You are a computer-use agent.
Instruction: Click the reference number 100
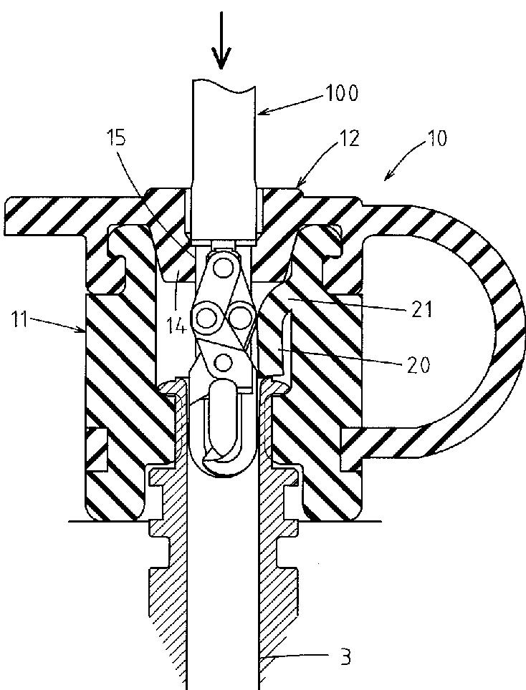click(x=342, y=93)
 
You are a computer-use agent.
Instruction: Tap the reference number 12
click(x=350, y=137)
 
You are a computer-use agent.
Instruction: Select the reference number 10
click(x=436, y=137)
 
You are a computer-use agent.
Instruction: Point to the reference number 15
click(x=116, y=138)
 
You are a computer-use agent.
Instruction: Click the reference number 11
click(x=18, y=319)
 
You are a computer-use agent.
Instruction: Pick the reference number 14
click(x=176, y=326)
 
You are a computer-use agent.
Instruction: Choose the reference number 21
click(x=421, y=310)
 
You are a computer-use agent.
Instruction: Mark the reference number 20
click(x=418, y=365)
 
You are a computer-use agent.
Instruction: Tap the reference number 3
click(x=346, y=658)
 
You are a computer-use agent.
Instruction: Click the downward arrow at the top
click(x=221, y=41)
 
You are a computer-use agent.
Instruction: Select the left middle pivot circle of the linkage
click(x=206, y=316)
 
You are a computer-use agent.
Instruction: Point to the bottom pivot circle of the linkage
click(x=224, y=363)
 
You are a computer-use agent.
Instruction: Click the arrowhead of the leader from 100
click(x=260, y=112)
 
